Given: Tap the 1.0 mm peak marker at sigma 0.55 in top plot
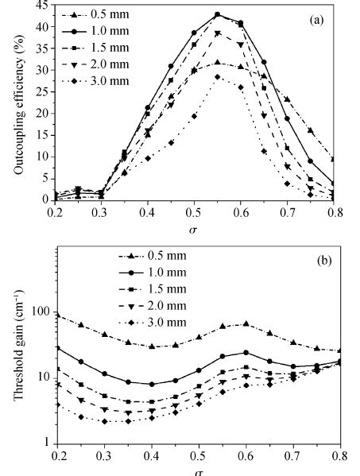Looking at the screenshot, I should coord(217,14).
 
